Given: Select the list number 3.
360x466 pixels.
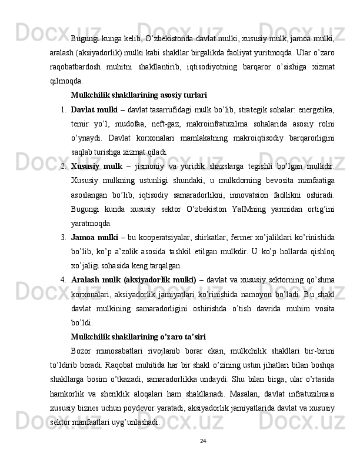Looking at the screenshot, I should tap(62, 237).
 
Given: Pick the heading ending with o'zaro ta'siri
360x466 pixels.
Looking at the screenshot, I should tap(138, 337).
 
